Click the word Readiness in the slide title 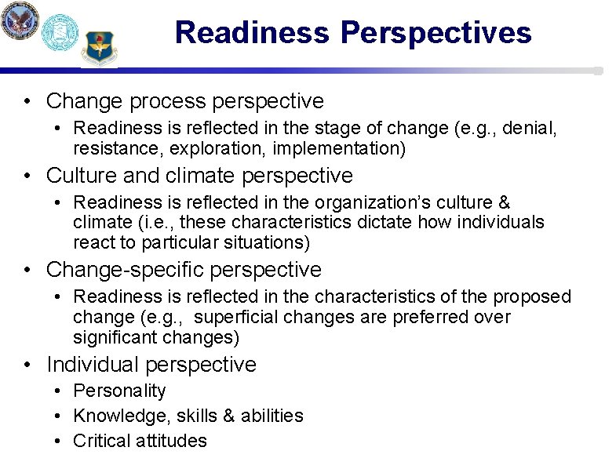(x=253, y=33)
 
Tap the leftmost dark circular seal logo (x=19, y=20)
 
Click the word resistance (x=111, y=149)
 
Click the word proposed (x=532, y=297)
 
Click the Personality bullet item (x=119, y=391)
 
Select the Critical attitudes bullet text (x=140, y=441)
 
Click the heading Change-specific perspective (x=184, y=270)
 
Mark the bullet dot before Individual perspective (x=28, y=365)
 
